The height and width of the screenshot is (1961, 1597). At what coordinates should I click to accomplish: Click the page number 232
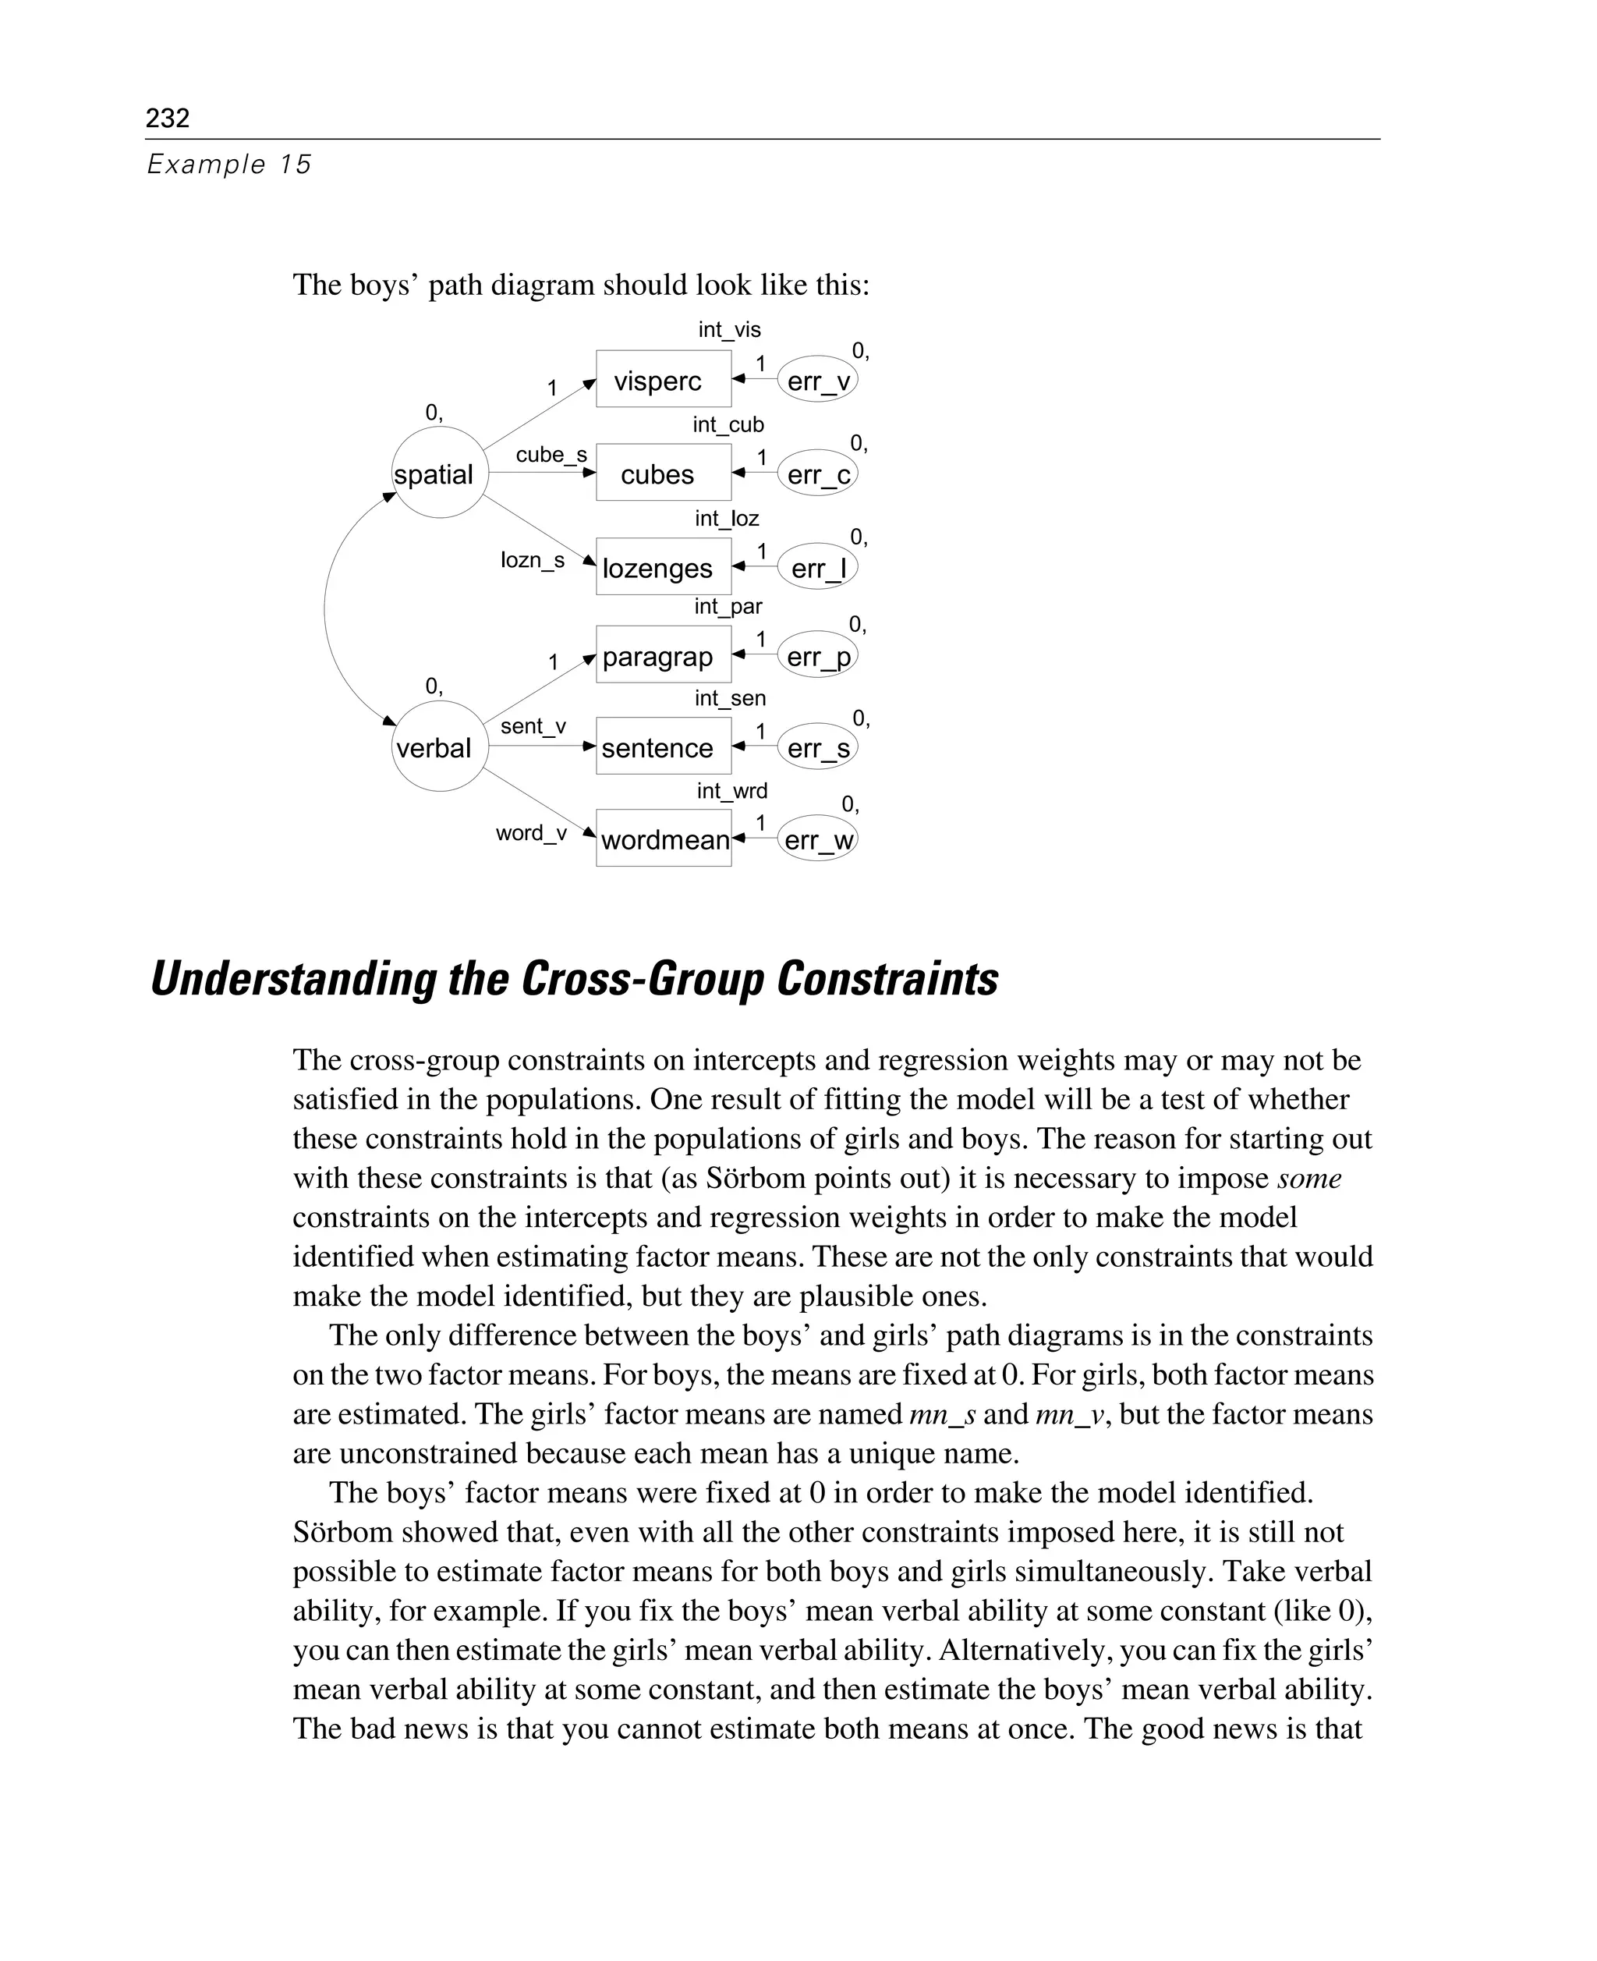(168, 118)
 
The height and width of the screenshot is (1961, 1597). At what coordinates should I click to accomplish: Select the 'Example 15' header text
(229, 165)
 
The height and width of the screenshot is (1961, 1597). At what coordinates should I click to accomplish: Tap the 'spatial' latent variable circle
(439, 472)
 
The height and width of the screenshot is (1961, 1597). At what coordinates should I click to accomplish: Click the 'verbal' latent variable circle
(439, 746)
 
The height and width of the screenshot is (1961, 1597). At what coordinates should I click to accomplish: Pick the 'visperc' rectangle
(662, 379)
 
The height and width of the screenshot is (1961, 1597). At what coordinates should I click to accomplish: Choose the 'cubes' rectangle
(662, 473)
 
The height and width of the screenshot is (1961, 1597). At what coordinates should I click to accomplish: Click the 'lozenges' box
(662, 567)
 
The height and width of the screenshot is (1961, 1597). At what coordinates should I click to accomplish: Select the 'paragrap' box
(662, 655)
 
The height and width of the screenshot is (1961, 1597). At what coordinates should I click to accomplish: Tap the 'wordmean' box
(662, 839)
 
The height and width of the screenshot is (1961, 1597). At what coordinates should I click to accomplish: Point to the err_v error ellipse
(817, 380)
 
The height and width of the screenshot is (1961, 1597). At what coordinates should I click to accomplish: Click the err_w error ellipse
(817, 839)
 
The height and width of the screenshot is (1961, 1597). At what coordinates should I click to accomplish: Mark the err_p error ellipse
(817, 656)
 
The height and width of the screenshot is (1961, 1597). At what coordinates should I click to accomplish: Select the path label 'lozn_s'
(532, 559)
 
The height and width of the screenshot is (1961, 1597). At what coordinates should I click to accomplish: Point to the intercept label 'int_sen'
(730, 698)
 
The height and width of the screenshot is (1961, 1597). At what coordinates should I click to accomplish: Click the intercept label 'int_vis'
(728, 329)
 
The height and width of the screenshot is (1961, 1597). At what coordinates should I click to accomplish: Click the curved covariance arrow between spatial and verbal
(326, 608)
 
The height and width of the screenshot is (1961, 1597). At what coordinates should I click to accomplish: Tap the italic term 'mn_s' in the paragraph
(941, 1414)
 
